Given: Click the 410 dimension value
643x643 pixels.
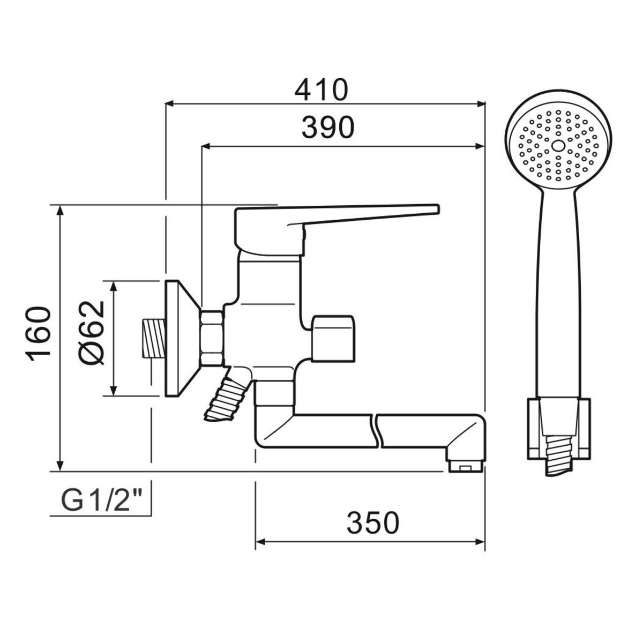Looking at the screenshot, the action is coord(321,90).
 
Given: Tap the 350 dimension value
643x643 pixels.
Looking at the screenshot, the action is coord(373,522).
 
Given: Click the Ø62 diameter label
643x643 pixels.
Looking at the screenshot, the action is coord(92,333).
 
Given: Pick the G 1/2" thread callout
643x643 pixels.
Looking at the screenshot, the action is coord(100,502).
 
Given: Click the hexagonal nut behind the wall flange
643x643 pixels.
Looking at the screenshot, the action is coord(212,338).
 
